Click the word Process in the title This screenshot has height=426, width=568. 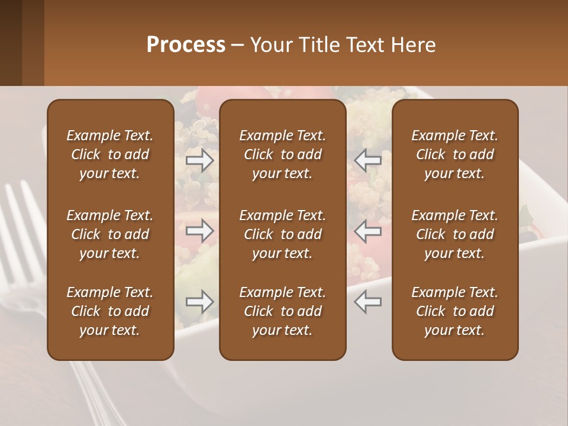tap(186, 45)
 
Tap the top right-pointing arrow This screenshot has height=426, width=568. tap(199, 160)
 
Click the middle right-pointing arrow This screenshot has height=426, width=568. tap(199, 230)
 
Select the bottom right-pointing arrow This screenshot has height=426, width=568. tap(199, 302)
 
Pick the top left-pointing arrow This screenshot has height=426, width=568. tap(367, 160)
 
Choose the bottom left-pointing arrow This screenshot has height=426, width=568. tap(367, 302)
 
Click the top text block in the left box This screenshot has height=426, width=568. tap(110, 154)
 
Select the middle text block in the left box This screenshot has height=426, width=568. tap(110, 234)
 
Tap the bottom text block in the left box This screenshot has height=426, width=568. tap(110, 311)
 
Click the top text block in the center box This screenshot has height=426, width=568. tap(283, 154)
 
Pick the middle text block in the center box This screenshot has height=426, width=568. tap(283, 234)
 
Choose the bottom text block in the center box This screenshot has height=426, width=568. tap(283, 311)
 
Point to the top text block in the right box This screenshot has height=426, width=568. tap(455, 154)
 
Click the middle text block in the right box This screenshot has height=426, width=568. tap(455, 234)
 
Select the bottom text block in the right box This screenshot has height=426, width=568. tap(455, 311)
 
